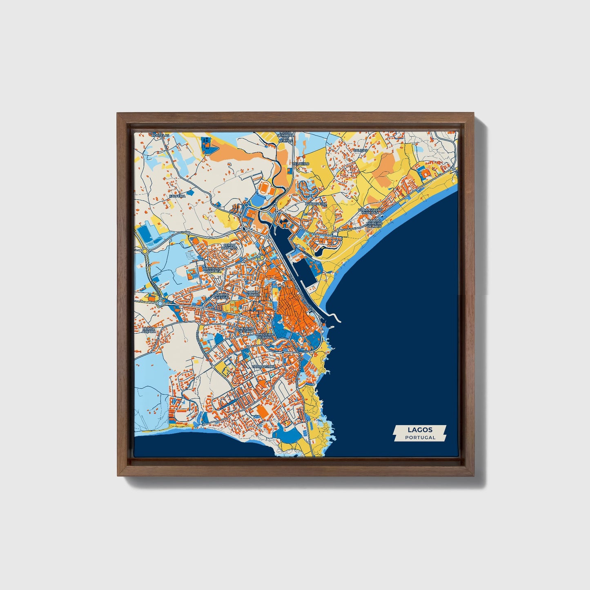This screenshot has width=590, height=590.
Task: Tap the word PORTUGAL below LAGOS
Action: click(x=420, y=437)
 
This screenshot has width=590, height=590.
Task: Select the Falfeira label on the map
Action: click(x=177, y=196)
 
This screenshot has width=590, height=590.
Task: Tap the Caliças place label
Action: click(x=361, y=150)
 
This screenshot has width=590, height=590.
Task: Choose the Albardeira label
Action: click(x=316, y=203)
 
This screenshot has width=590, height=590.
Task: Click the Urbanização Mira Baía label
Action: click(x=370, y=211)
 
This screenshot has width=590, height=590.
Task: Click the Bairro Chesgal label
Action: click(x=221, y=296)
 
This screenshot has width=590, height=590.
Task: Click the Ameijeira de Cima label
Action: click(x=245, y=330)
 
